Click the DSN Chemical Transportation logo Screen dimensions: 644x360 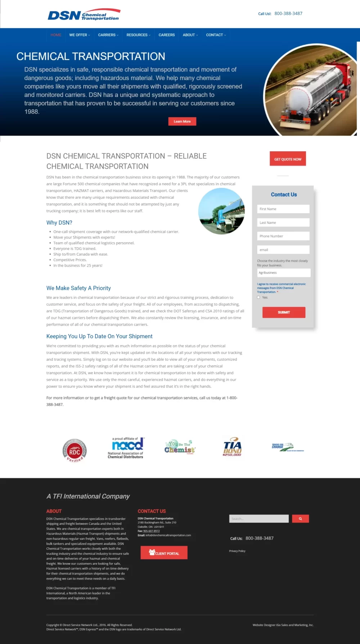84,15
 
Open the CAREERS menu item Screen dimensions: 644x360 166,35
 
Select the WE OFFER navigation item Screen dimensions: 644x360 79,35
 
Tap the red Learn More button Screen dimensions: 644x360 182,122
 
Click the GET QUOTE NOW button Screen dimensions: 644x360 288,159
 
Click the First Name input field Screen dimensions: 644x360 283,209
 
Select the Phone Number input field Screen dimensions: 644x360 283,236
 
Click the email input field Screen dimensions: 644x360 283,250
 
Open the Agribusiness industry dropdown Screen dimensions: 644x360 284,273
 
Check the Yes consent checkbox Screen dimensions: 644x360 258,297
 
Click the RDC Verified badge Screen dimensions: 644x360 75,450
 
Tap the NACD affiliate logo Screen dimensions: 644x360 126,448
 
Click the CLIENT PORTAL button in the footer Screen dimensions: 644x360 164,553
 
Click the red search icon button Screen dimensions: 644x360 300,519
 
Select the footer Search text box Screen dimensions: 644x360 259,519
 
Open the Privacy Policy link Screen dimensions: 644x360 237,551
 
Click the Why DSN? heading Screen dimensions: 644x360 59,223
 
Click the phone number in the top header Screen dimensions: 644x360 288,14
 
